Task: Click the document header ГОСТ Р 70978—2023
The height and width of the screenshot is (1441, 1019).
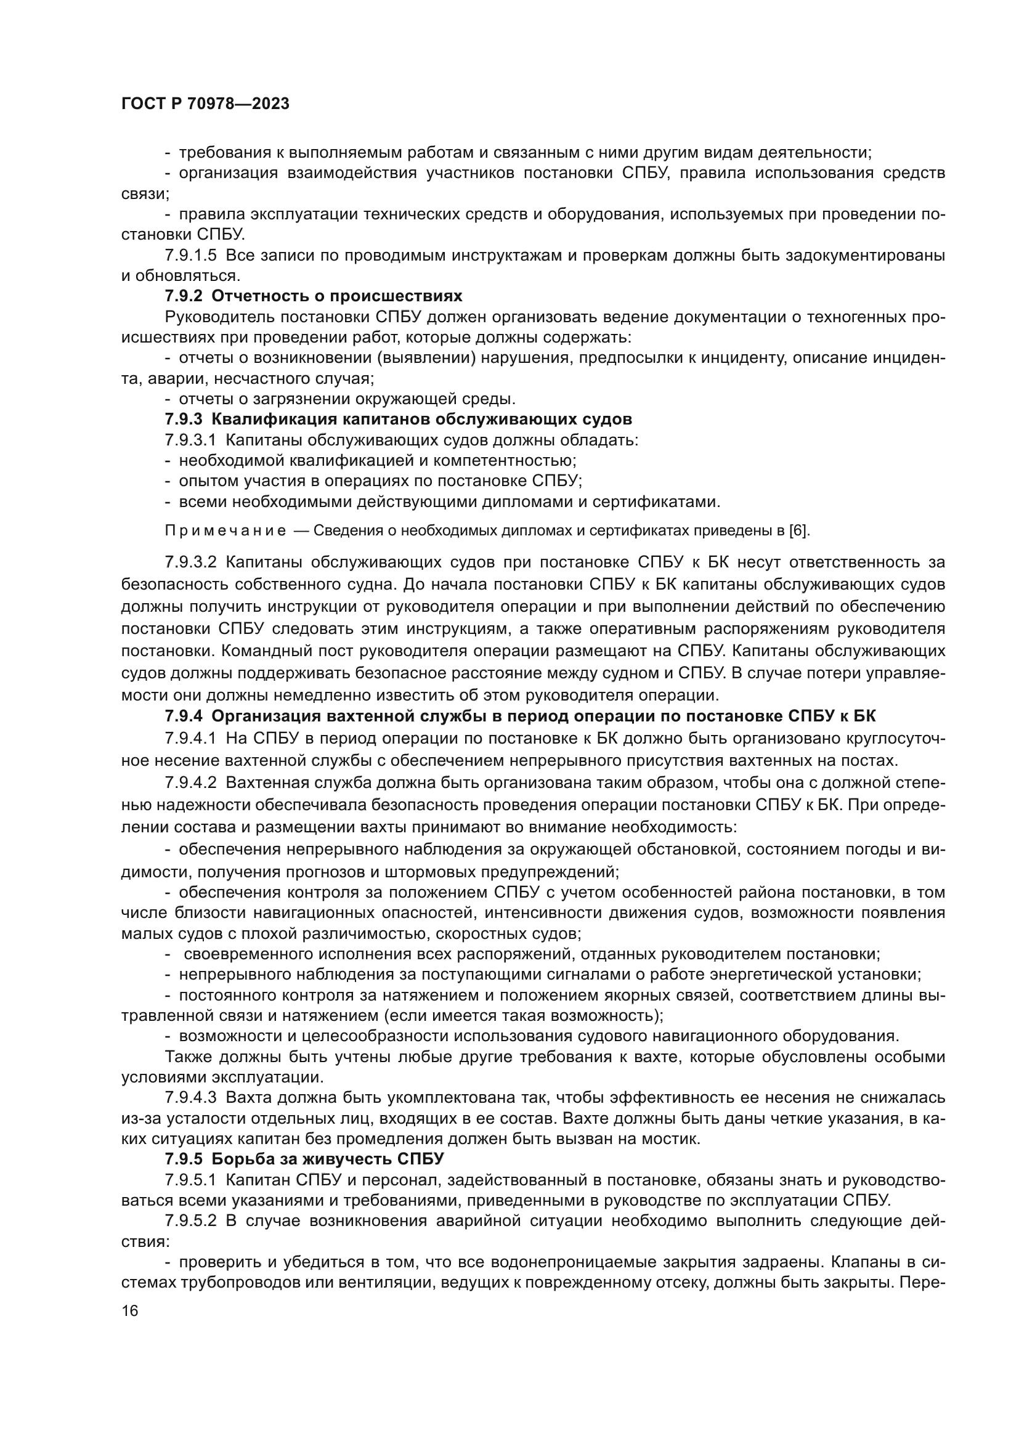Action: coord(205,104)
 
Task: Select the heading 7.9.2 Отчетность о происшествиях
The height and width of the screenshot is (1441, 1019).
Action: coord(314,296)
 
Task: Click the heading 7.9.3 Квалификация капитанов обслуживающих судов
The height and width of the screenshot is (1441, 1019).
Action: coord(399,420)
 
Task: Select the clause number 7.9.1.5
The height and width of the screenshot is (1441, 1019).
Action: coord(191,256)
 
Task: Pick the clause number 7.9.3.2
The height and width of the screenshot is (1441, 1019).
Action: coord(191,562)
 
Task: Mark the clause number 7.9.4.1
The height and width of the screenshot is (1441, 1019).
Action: coord(191,737)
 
